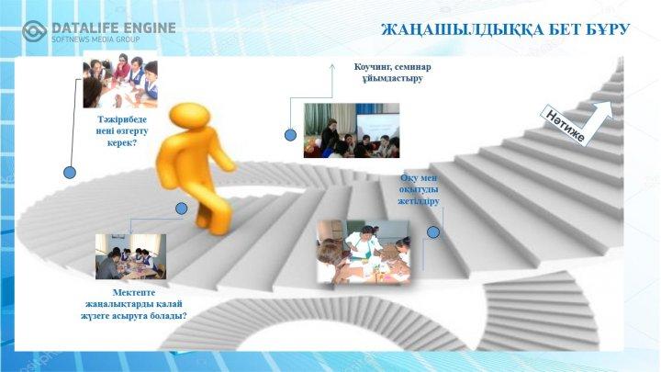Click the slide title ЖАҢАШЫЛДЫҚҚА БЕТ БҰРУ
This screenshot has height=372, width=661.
click(x=505, y=29)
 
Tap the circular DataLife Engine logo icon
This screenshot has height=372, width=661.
click(x=34, y=31)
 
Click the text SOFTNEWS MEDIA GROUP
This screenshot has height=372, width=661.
click(x=95, y=39)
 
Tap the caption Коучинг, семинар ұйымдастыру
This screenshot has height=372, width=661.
click(x=393, y=73)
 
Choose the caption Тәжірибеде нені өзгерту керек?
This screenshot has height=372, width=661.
click(x=122, y=131)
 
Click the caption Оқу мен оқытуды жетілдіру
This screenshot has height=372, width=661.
click(x=419, y=190)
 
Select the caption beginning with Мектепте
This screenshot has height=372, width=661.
click(x=134, y=304)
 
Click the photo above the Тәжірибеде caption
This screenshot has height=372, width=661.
click(x=120, y=79)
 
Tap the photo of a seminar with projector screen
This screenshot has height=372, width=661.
click(x=352, y=130)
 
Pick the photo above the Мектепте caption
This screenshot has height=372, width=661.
click(x=130, y=256)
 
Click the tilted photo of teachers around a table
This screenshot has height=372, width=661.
click(x=364, y=253)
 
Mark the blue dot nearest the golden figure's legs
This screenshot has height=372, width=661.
click(x=181, y=209)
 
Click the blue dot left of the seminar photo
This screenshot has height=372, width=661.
click(x=290, y=135)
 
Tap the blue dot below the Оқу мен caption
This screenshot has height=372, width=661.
click(x=433, y=232)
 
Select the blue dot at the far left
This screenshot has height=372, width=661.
click(x=70, y=172)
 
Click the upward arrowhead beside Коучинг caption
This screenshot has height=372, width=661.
click(x=332, y=67)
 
